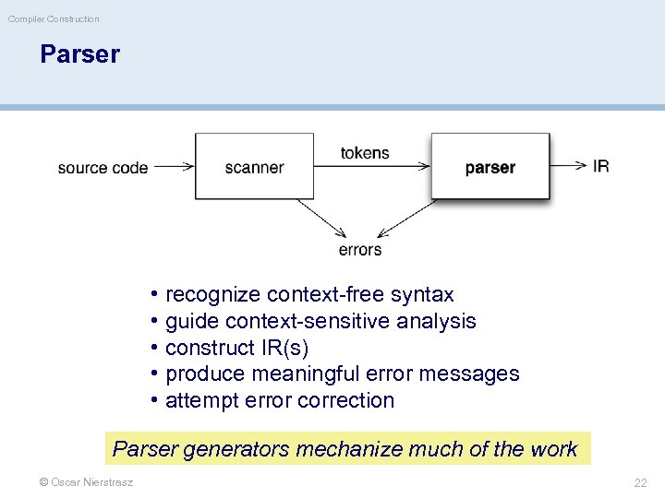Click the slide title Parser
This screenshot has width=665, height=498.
[x=79, y=54]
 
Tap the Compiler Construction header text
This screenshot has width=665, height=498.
[x=54, y=18]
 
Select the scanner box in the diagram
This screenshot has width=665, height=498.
[x=254, y=167]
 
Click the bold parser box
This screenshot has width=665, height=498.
[x=490, y=167]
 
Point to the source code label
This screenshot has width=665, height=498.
[x=103, y=168]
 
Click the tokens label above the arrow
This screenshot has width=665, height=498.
[x=365, y=153]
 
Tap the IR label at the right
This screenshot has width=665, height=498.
[x=600, y=166]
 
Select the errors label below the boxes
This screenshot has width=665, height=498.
[x=360, y=250]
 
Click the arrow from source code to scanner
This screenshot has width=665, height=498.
[x=173, y=167]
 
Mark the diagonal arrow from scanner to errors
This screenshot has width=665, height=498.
[x=320, y=219]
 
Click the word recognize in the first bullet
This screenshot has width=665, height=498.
[x=212, y=295]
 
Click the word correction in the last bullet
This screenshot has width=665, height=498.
[x=355, y=400]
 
